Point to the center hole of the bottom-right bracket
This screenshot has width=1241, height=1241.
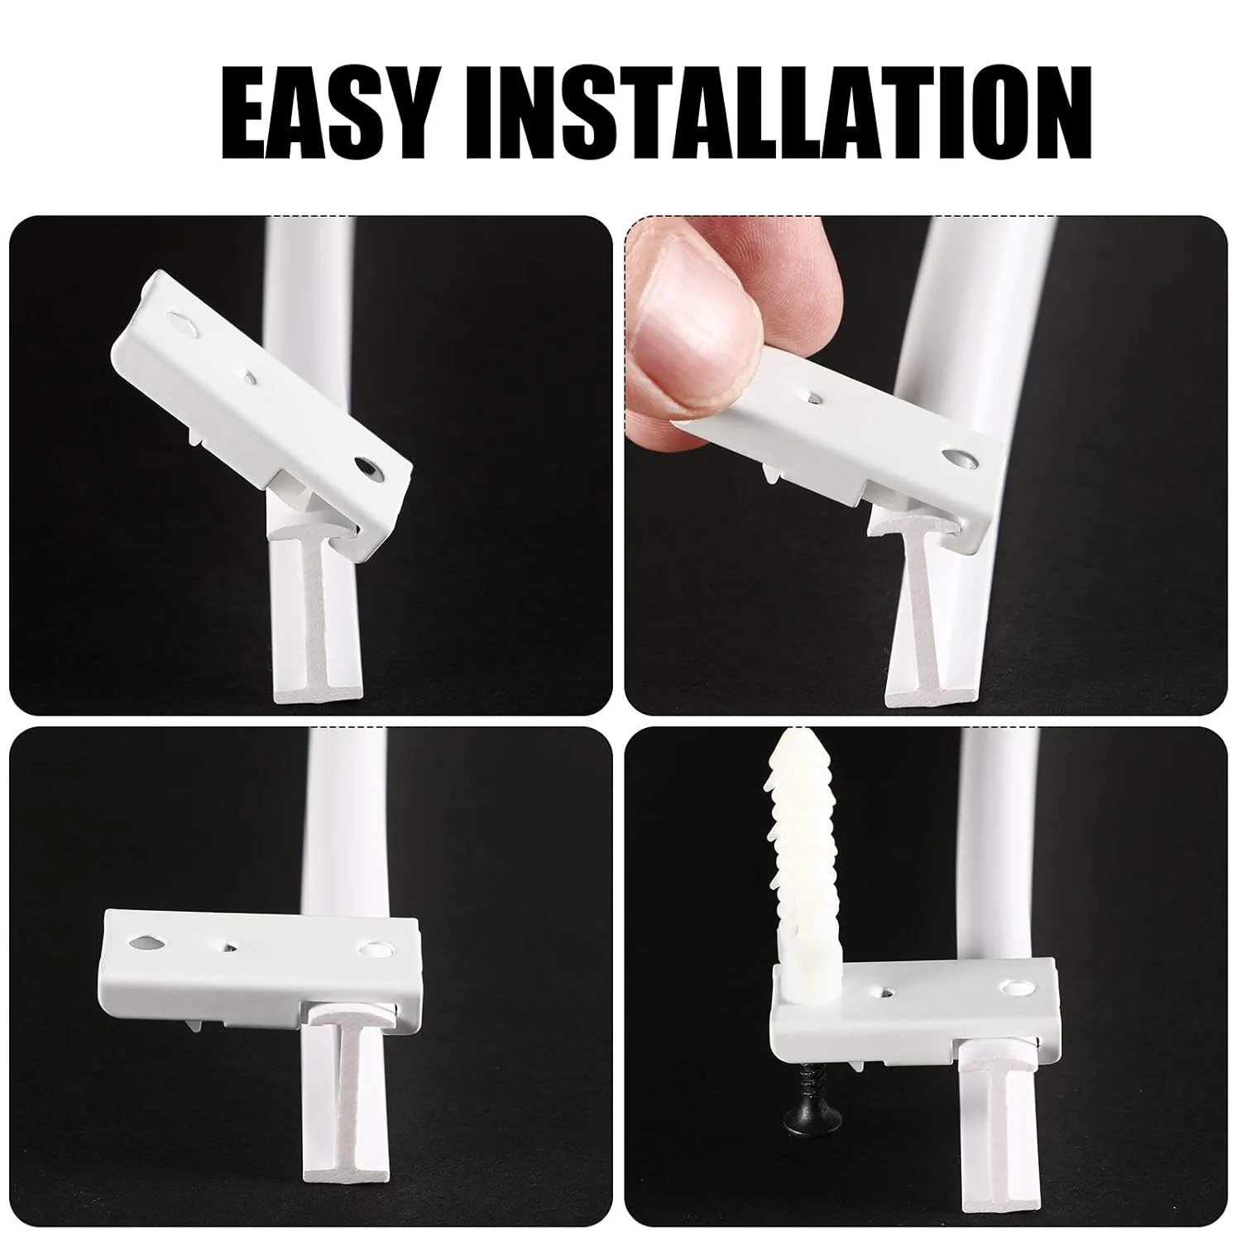[886, 989]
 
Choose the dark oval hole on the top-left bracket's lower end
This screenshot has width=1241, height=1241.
[369, 467]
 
